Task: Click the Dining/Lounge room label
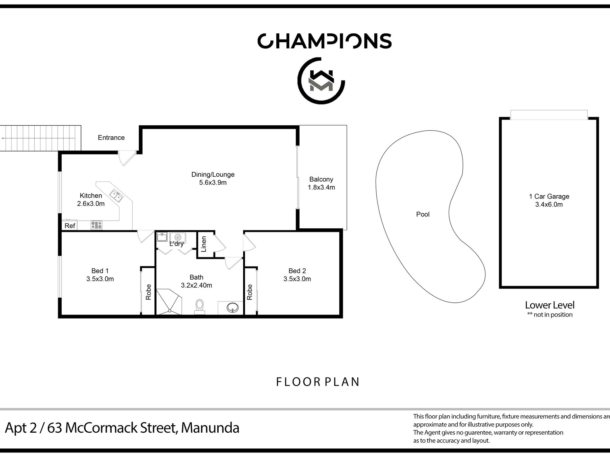coord(213,174)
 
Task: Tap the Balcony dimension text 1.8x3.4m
coord(321,188)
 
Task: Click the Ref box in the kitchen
coord(70,226)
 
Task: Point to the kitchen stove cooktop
coord(96,225)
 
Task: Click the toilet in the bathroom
coord(200,306)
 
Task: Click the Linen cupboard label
coord(204,244)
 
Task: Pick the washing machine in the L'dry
coord(178,237)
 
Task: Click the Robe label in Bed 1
coord(148,292)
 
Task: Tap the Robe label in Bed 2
coord(250,292)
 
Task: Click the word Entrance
coord(111,138)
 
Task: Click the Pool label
coord(423,214)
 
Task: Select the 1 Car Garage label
coord(549,196)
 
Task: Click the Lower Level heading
coord(550,305)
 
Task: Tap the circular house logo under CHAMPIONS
coord(321,81)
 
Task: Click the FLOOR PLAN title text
coord(318,382)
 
